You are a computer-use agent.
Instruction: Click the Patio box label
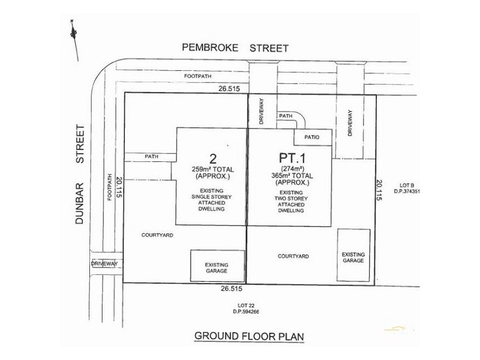(x=311, y=137)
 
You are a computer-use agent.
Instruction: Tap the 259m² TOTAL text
(x=211, y=170)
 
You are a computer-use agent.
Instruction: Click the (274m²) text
(x=290, y=167)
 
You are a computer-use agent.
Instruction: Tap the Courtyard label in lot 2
(x=157, y=235)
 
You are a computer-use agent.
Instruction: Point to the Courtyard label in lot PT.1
(x=293, y=256)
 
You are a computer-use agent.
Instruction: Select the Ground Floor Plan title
(x=249, y=337)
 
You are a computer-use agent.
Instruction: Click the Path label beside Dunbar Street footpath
(x=151, y=157)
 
